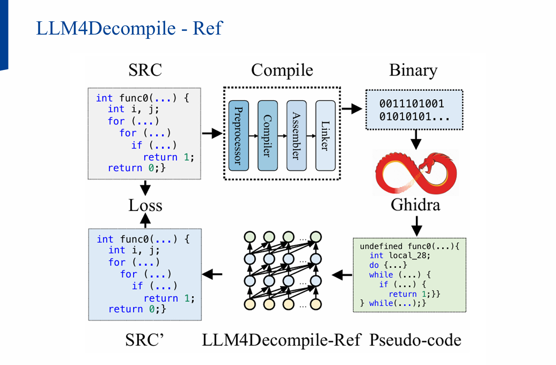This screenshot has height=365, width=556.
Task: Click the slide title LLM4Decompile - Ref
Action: [129, 28]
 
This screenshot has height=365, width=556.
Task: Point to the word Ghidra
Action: [415, 205]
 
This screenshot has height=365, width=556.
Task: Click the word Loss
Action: [145, 206]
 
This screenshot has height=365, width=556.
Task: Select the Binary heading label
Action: [413, 70]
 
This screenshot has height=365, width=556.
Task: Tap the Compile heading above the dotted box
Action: [282, 70]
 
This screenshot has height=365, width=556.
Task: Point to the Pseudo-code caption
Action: [415, 340]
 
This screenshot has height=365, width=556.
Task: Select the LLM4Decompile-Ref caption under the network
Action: [282, 340]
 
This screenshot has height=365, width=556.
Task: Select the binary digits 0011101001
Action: [412, 104]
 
